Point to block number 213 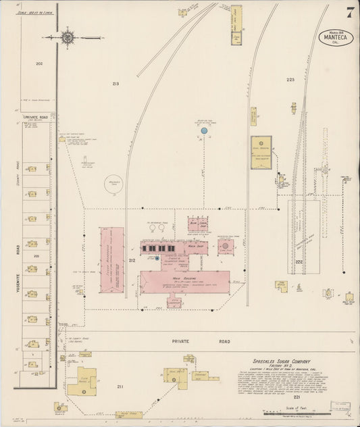(x=115, y=84)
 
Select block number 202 (x=39, y=64)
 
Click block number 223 (x=290, y=80)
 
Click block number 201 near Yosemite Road (x=37, y=257)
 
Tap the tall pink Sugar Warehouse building (x=112, y=259)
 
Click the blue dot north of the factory (x=203, y=130)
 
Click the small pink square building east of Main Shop (x=226, y=247)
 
